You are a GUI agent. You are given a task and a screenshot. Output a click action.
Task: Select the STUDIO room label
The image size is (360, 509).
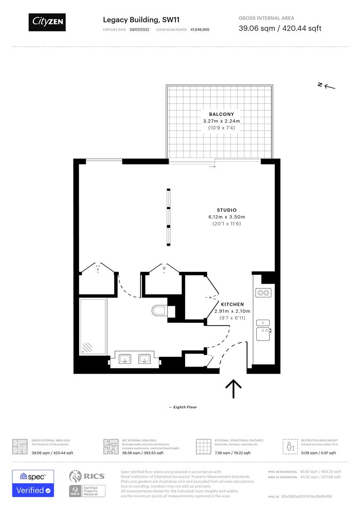(x=227, y=210)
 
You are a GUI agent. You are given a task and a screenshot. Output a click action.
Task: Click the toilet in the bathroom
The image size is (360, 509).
(x=159, y=310)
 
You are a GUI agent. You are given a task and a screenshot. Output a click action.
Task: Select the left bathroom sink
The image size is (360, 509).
(x=125, y=359)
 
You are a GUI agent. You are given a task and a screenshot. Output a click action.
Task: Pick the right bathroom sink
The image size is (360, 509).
(x=145, y=359)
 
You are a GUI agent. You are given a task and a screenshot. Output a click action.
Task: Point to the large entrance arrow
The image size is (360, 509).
(x=233, y=389)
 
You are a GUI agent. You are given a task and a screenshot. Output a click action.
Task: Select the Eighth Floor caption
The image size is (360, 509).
(x=183, y=407)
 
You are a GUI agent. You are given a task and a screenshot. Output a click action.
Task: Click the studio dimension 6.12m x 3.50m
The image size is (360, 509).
(x=227, y=217)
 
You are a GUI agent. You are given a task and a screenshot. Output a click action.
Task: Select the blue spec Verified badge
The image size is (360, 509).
(x=33, y=483)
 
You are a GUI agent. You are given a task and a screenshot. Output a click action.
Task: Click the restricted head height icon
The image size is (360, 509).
(x=290, y=446)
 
